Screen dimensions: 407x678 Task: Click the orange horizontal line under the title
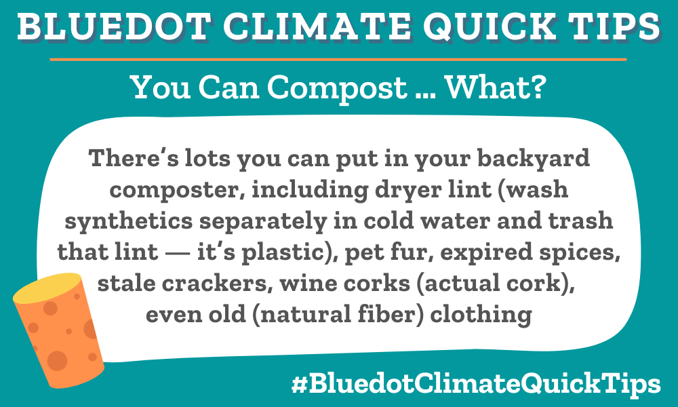tap(339, 60)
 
